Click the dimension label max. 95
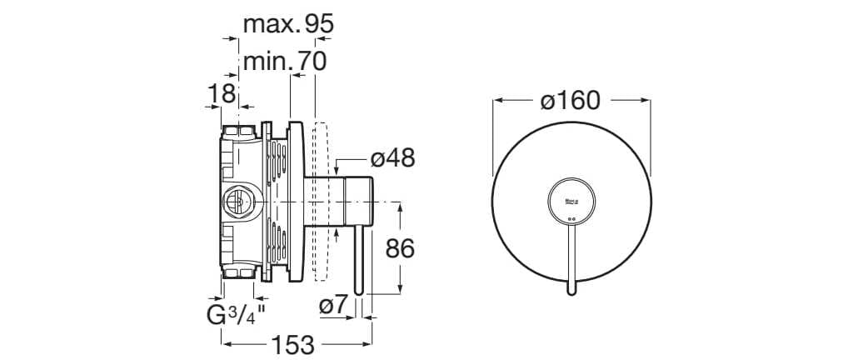click(288, 24)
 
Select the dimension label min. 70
click(284, 61)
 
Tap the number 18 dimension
click(222, 93)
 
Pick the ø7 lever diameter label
click(332, 306)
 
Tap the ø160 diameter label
click(570, 101)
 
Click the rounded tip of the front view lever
click(571, 291)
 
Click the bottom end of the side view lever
click(360, 292)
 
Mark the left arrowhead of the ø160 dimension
click(497, 101)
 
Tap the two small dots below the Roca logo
click(571, 220)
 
